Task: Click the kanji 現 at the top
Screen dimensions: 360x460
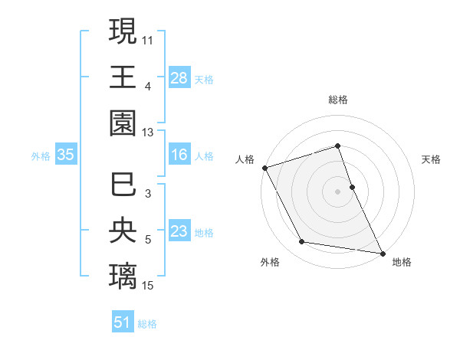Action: tap(123, 33)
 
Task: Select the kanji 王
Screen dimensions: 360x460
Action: tap(123, 77)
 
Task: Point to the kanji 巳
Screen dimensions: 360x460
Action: tap(123, 185)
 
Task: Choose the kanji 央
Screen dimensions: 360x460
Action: tap(123, 231)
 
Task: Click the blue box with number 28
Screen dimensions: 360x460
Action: tap(179, 79)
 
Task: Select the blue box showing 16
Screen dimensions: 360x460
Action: tap(179, 155)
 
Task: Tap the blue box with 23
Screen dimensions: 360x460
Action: tap(179, 232)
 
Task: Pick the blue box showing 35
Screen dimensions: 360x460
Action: tap(65, 155)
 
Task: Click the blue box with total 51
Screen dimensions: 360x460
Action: tap(123, 322)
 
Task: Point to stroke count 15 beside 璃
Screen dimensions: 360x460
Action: tap(149, 286)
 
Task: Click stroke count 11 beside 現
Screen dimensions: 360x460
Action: tap(149, 38)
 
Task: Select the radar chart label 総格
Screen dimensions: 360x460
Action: tap(338, 100)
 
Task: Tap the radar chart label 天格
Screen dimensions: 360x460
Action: tap(432, 159)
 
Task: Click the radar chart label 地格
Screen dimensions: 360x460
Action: tap(402, 262)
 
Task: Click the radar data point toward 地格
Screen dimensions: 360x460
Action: tap(382, 252)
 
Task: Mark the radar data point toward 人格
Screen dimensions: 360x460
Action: tap(264, 167)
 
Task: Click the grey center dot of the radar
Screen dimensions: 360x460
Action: tap(338, 191)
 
